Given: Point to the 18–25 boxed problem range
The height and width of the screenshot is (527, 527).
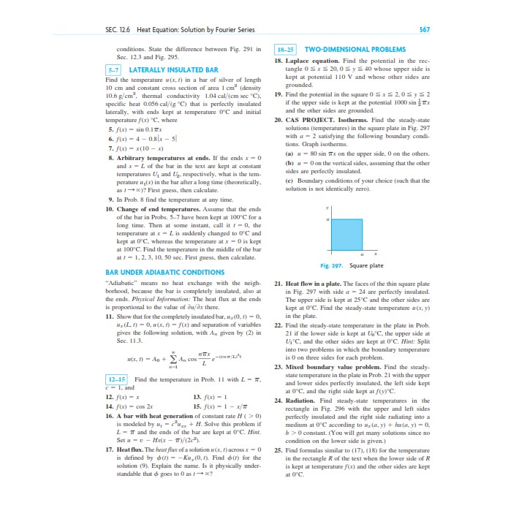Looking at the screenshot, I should [284, 49].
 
